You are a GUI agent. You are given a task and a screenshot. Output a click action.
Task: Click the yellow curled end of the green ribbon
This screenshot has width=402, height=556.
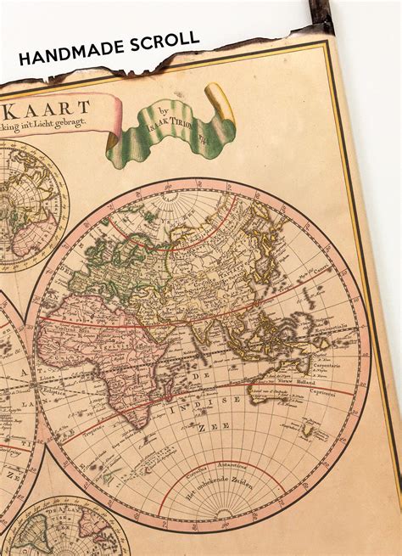(219, 99)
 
